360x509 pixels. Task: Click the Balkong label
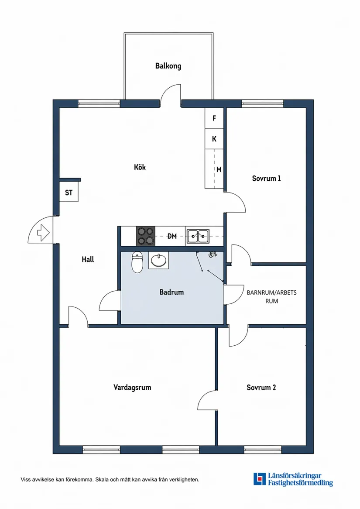point(168,66)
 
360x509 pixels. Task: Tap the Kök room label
point(140,167)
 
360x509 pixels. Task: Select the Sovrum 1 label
point(267,178)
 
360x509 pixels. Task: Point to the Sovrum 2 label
point(261,387)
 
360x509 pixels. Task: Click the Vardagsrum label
point(132,387)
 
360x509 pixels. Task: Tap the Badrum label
point(171,292)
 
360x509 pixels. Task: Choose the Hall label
point(88,259)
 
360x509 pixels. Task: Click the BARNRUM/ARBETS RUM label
point(272,297)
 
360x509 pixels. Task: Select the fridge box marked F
point(214,118)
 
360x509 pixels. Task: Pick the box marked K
point(214,139)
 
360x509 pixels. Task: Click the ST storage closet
point(69,193)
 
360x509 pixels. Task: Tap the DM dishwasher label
point(172,236)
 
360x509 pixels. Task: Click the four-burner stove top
point(146,236)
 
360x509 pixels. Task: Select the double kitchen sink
point(198,236)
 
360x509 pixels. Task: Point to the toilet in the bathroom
point(137,262)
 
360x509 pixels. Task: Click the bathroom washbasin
point(159,260)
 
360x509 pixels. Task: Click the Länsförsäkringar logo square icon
point(260,479)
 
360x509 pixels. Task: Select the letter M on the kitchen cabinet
point(219,169)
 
